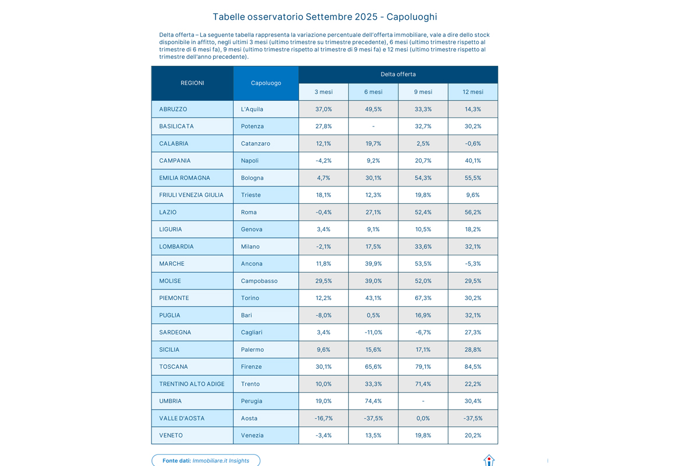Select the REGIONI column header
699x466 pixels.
[192, 83]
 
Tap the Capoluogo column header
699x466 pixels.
[266, 83]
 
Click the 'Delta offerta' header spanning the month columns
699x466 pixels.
[398, 75]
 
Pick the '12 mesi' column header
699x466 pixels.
[472, 92]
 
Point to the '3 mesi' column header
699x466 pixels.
[323, 92]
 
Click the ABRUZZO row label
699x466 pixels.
[173, 110]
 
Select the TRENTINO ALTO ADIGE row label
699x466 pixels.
[192, 384]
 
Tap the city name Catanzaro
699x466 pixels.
[255, 144]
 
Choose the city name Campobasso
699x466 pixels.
[259, 281]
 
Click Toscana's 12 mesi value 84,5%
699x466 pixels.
[472, 367]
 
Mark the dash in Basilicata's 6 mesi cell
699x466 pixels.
[373, 126]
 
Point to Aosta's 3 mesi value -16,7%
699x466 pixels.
[323, 419]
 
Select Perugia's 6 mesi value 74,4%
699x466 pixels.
[373, 401]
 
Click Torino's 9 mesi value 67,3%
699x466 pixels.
[423, 298]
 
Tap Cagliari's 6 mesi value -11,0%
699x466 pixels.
[373, 333]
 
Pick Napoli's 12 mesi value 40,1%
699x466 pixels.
[472, 161]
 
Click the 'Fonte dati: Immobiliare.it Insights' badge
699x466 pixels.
[206, 461]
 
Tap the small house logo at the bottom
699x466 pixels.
[489, 461]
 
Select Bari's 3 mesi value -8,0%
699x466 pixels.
[323, 316]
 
